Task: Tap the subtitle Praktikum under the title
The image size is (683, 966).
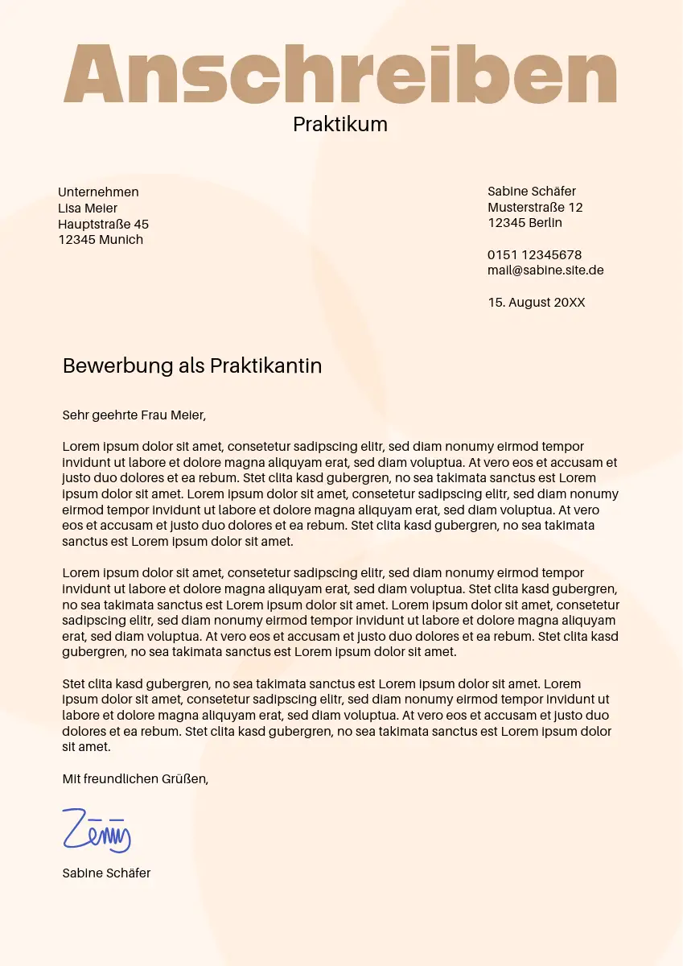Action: click(x=340, y=124)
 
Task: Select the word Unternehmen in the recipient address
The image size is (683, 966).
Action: click(x=98, y=192)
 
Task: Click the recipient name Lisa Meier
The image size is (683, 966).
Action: click(x=88, y=208)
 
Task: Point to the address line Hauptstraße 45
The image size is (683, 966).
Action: click(x=103, y=224)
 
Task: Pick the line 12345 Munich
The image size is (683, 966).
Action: click(x=101, y=240)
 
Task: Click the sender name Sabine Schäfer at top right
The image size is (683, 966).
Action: click(x=532, y=191)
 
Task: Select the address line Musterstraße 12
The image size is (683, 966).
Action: click(x=535, y=207)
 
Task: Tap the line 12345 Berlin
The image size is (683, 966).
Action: click(x=525, y=223)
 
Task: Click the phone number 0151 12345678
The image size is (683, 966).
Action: click(x=534, y=255)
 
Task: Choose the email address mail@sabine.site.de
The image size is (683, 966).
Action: click(x=545, y=270)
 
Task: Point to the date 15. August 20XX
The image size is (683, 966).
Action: click(x=537, y=303)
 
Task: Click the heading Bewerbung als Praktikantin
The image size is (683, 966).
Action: click(x=192, y=365)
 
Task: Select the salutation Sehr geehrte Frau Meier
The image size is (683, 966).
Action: click(x=134, y=415)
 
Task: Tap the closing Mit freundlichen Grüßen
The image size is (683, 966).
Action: click(x=135, y=778)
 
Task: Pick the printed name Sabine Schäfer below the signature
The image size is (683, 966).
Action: click(x=106, y=873)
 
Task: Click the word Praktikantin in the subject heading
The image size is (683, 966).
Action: click(x=265, y=365)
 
